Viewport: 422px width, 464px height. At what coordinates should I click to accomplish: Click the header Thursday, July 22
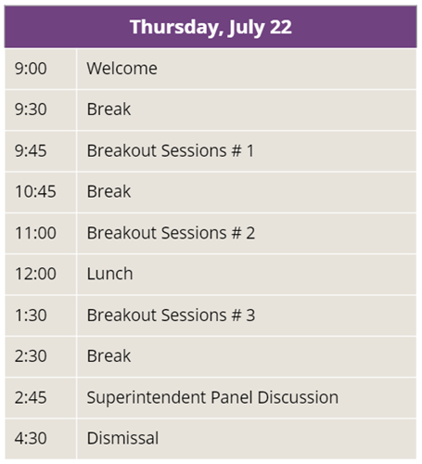(211, 27)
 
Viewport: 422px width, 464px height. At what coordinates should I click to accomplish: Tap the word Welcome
(121, 69)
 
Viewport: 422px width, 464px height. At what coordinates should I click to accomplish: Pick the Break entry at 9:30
(109, 110)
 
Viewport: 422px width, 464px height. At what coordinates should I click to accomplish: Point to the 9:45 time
(31, 150)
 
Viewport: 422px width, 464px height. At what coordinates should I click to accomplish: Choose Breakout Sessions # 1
(171, 150)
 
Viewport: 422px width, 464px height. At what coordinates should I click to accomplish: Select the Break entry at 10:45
(109, 191)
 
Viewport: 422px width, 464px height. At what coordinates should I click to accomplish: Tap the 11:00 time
(35, 233)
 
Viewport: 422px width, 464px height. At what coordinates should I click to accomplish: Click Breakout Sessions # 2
(171, 233)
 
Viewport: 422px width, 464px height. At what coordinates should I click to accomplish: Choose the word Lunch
(109, 274)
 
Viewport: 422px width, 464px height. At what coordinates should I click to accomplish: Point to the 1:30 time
(31, 316)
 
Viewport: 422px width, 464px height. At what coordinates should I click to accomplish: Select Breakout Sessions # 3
(171, 316)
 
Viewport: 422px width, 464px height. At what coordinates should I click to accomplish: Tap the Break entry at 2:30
(109, 356)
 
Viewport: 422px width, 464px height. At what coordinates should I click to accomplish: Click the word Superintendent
(147, 398)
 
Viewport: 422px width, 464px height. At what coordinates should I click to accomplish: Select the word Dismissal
(122, 438)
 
